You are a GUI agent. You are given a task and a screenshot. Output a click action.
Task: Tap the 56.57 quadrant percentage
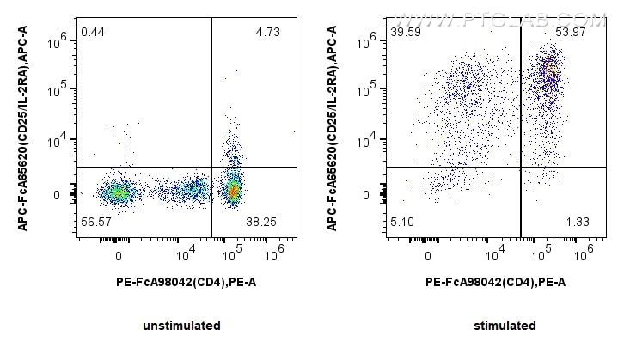[96, 222]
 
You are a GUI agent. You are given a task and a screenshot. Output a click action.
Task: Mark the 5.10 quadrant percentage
[403, 222]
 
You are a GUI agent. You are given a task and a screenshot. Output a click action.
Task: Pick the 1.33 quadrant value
[578, 222]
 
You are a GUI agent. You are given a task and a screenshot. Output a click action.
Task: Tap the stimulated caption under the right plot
[504, 326]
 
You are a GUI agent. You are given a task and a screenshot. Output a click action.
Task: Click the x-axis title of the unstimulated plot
[186, 282]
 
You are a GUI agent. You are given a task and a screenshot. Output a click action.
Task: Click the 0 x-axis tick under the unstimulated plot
[119, 255]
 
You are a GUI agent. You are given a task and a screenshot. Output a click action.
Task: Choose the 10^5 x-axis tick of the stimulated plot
[542, 255]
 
